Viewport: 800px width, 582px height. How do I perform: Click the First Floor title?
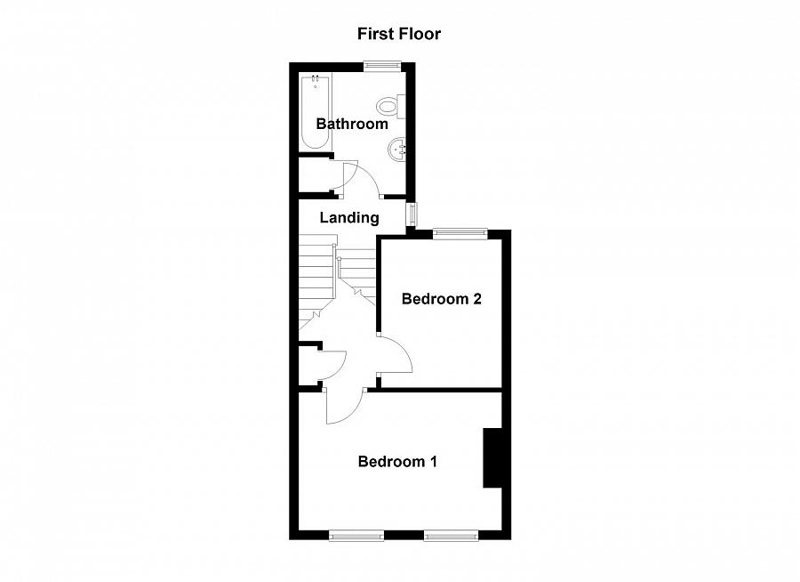pyautogui.click(x=399, y=34)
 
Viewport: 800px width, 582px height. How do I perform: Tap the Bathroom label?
pyautogui.click(x=352, y=124)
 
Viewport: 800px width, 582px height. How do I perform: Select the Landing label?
pyautogui.click(x=349, y=217)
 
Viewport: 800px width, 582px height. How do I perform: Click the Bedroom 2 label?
pyautogui.click(x=441, y=299)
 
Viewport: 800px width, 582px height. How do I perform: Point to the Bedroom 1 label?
pyautogui.click(x=397, y=462)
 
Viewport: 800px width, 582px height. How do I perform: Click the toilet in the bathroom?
pyautogui.click(x=389, y=106)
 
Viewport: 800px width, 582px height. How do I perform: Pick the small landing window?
pyautogui.click(x=412, y=214)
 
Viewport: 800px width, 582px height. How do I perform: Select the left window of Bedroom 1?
pyautogui.click(x=356, y=535)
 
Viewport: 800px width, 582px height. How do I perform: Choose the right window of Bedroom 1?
pyautogui.click(x=451, y=535)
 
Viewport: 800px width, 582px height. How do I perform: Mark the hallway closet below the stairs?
pyautogui.click(x=310, y=365)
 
